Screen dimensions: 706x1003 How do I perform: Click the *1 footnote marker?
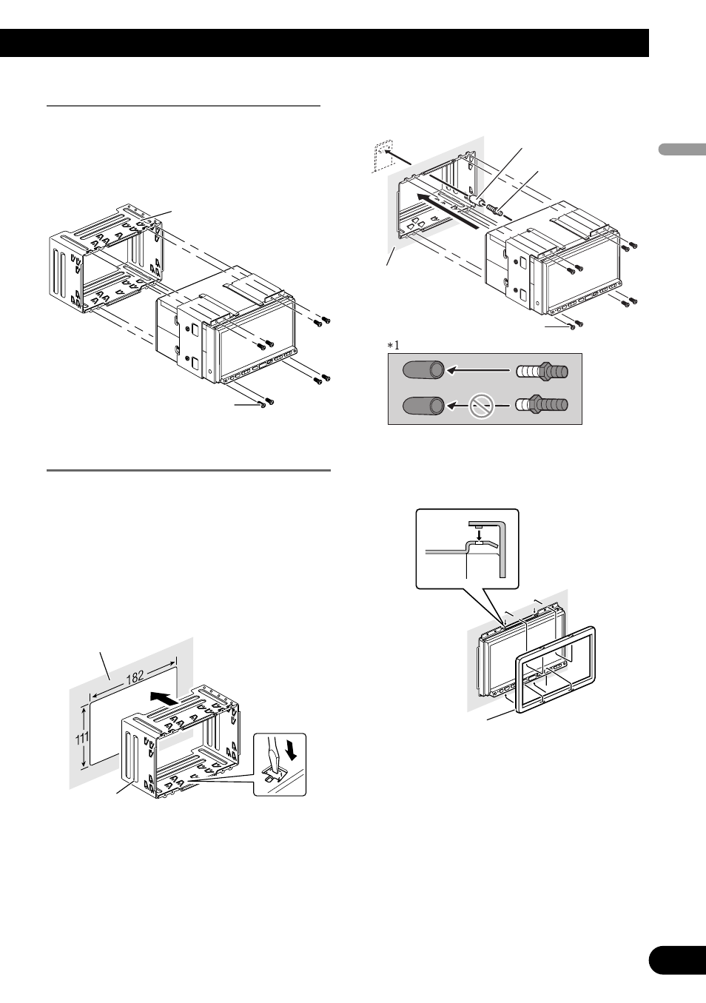pos(392,345)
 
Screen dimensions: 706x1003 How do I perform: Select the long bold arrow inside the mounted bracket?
pos(443,209)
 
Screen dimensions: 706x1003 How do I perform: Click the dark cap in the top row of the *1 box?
pos(423,369)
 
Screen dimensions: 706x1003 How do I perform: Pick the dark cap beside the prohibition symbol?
pos(423,405)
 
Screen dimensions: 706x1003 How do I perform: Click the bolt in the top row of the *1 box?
pos(542,369)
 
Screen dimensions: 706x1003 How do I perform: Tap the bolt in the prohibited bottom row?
pos(542,405)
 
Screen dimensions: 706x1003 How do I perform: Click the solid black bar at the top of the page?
pos(324,43)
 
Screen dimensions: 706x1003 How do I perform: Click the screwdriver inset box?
pos(280,765)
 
